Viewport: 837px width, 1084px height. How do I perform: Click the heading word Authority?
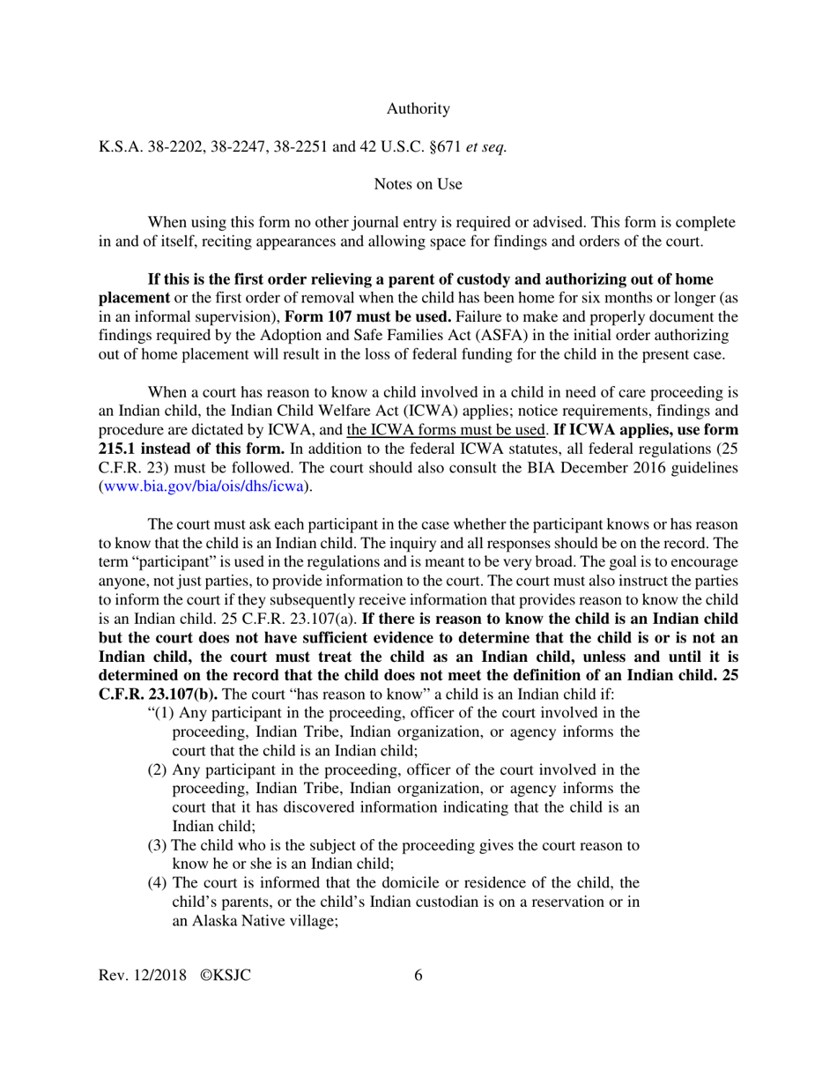click(x=418, y=109)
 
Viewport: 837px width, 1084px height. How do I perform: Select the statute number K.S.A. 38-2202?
click(x=151, y=147)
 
